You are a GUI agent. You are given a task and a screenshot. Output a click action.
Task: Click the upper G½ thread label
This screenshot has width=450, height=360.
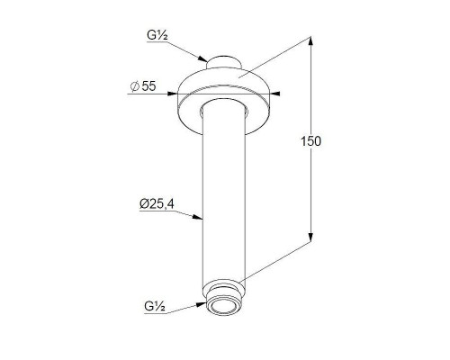click(157, 36)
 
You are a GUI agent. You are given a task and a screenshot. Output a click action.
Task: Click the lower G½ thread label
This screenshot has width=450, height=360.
click(155, 306)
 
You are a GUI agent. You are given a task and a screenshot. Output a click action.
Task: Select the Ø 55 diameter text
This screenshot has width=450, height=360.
click(143, 86)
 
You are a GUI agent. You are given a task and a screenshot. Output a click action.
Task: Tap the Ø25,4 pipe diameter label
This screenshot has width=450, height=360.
click(157, 204)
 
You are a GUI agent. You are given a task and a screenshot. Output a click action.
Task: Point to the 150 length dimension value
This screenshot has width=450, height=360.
click(310, 141)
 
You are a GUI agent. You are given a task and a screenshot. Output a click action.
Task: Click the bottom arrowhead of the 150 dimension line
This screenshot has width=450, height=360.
click(310, 237)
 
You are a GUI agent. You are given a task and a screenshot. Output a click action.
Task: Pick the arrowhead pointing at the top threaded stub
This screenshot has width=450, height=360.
click(202, 58)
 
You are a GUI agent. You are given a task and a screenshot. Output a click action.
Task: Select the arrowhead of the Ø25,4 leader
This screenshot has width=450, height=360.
click(198, 217)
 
